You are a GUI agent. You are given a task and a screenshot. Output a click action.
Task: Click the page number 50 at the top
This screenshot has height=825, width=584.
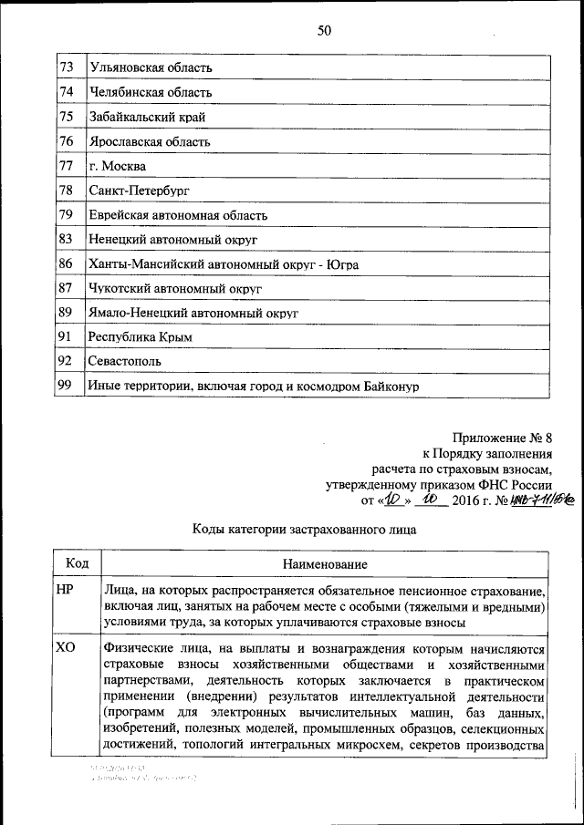324,31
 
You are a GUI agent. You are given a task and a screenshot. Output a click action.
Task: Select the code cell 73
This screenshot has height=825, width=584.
66,68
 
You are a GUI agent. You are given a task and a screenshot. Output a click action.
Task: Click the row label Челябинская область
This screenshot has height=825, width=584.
151,93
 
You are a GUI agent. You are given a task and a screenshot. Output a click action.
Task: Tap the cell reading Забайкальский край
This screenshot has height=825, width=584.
147,118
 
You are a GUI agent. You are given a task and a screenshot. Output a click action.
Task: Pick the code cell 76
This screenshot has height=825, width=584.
66,142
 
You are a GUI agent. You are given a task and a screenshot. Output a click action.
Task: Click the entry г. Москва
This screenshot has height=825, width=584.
117,167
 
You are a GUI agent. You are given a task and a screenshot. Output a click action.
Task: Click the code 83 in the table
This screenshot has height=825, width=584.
66,240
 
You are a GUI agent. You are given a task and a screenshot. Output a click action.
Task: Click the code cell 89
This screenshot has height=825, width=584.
66,313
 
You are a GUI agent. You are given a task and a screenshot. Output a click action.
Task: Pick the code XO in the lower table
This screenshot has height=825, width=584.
65,649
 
